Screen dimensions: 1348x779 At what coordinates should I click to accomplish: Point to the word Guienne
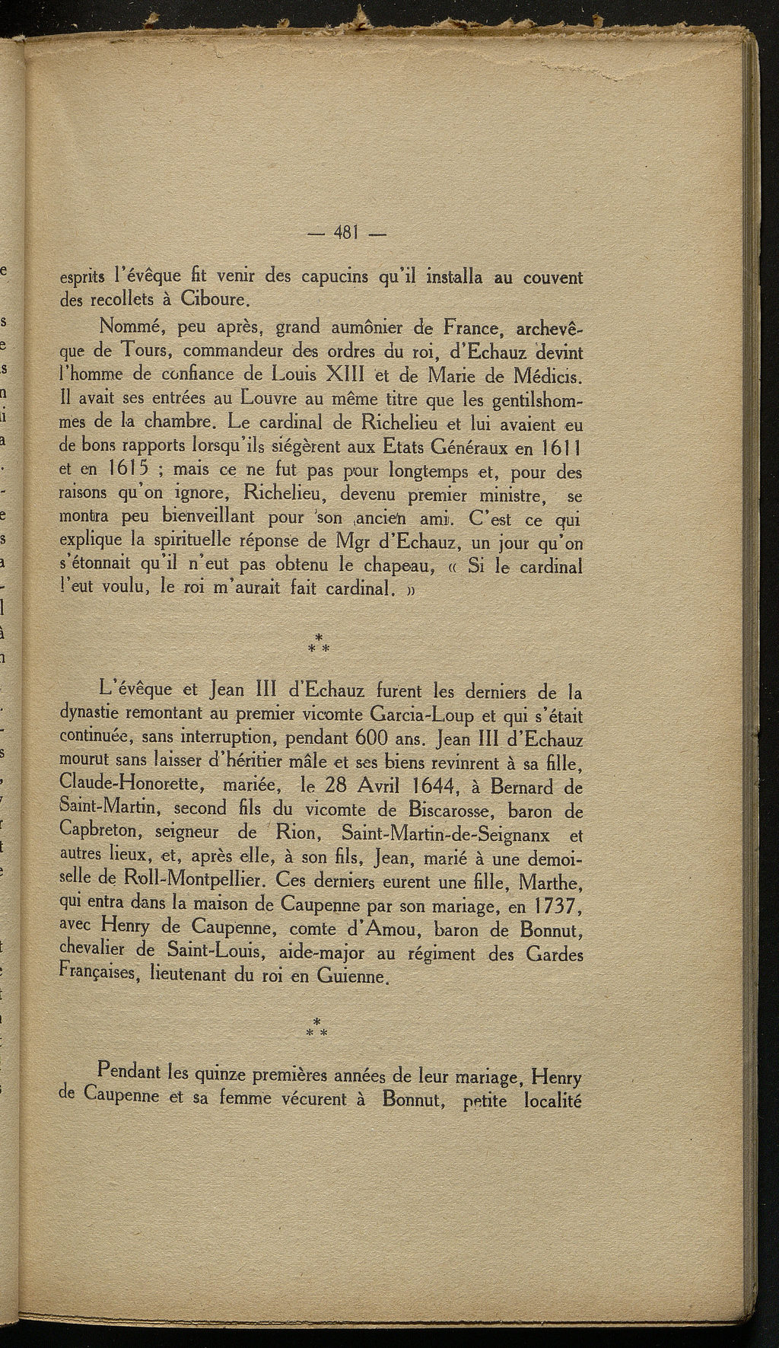point(357,977)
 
